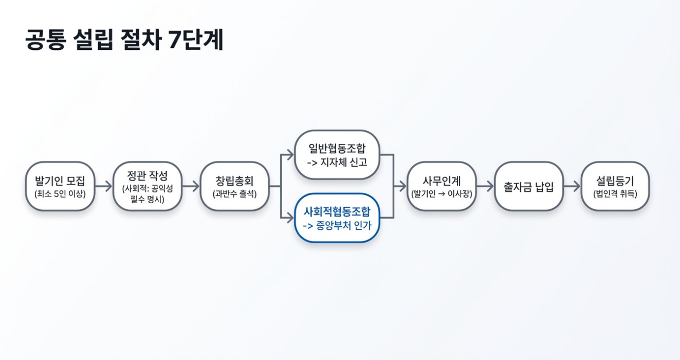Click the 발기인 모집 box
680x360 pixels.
[60, 186]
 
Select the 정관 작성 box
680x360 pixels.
[148, 186]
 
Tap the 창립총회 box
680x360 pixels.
[234, 186]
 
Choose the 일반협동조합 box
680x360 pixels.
[337, 155]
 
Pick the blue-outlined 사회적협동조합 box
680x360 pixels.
[337, 218]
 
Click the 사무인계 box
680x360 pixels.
[442, 186]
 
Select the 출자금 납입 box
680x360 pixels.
[529, 186]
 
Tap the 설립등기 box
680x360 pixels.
[615, 186]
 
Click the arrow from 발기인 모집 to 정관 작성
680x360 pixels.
[104, 186]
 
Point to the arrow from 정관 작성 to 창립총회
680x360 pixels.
[191, 186]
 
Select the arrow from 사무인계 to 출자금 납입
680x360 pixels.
[485, 186]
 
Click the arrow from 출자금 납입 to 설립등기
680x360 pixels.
[572, 186]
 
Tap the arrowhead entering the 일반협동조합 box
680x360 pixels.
[290, 155]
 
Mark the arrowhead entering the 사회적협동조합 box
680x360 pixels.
[290, 218]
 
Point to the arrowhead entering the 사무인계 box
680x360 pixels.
[402, 186]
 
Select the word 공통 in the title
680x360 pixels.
[45, 41]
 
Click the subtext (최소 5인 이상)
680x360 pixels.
[60, 194]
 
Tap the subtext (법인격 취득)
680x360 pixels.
[615, 194]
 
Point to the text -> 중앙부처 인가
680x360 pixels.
[337, 225]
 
